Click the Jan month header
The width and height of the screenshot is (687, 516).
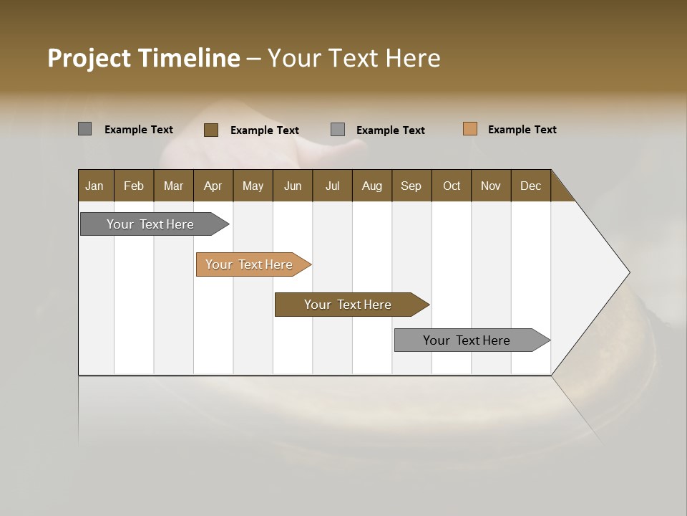pos(95,186)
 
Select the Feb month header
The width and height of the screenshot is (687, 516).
pos(134,186)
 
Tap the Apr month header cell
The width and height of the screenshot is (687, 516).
pos(213,186)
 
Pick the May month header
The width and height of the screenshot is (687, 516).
pos(253,186)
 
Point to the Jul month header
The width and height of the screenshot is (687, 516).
pos(332,186)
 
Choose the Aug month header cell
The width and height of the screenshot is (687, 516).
pos(371,186)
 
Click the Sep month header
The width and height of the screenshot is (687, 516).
pos(411,186)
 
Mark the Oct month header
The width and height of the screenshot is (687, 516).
pos(452,186)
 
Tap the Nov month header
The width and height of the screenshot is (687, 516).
pos(491,186)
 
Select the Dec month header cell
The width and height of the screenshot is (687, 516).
pos(530,186)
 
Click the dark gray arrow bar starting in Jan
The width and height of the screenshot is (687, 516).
pos(151,224)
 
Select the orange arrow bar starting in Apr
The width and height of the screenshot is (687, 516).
pos(250,264)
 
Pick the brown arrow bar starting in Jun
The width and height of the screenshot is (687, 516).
pos(349,305)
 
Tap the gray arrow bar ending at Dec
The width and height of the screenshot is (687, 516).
pos(467,340)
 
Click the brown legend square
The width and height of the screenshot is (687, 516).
pos(211,130)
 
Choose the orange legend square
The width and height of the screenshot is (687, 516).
pos(470,129)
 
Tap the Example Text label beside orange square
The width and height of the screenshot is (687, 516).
pos(522,130)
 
